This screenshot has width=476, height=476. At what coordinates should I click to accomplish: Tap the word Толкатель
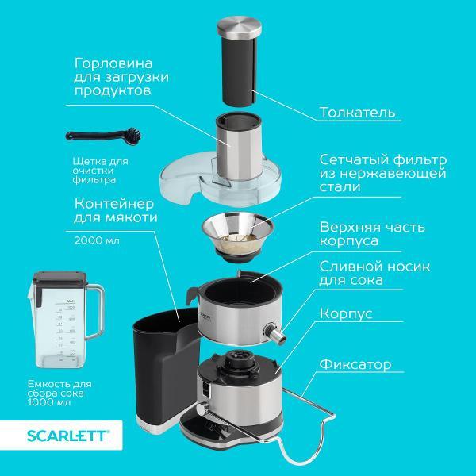(x=357, y=112)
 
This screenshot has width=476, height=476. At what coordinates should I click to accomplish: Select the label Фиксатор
(x=355, y=364)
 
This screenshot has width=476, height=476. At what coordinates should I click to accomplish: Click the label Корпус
(x=346, y=313)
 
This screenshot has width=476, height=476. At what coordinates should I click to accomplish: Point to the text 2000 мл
(x=97, y=240)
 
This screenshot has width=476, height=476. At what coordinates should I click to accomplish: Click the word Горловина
(x=113, y=63)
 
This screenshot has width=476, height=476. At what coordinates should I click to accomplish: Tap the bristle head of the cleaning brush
(x=133, y=136)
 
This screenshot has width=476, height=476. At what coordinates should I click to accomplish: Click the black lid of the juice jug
(x=59, y=280)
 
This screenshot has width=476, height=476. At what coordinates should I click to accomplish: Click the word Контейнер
(x=113, y=204)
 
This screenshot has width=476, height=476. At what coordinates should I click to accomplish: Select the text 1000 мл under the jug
(x=49, y=402)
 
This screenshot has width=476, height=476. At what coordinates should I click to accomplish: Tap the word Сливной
(x=349, y=267)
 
